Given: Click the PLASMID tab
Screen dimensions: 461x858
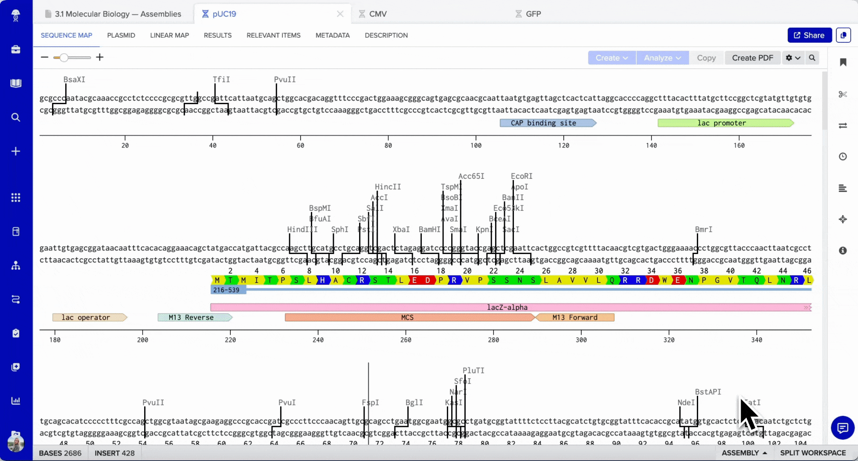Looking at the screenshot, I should click(121, 35).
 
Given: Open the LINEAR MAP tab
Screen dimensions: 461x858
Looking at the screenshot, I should click(169, 35).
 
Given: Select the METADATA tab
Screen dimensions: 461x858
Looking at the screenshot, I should click(333, 35).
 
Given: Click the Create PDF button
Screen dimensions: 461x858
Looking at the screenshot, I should click(752, 58).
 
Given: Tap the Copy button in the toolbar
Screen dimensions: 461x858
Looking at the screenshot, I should click(706, 58).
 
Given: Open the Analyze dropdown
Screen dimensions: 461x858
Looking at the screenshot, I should click(662, 58).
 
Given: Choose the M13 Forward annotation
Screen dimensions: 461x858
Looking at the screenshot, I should click(575, 318).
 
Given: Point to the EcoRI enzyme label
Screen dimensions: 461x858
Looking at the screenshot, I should click(522, 176).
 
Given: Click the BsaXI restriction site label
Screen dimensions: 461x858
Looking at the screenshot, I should click(74, 79).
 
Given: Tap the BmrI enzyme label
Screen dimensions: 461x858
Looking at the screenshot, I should click(704, 230).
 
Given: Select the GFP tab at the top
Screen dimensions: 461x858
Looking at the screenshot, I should click(533, 14).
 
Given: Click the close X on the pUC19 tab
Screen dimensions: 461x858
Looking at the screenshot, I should click(340, 14).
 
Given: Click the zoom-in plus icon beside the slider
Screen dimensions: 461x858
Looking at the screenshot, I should click(100, 57).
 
